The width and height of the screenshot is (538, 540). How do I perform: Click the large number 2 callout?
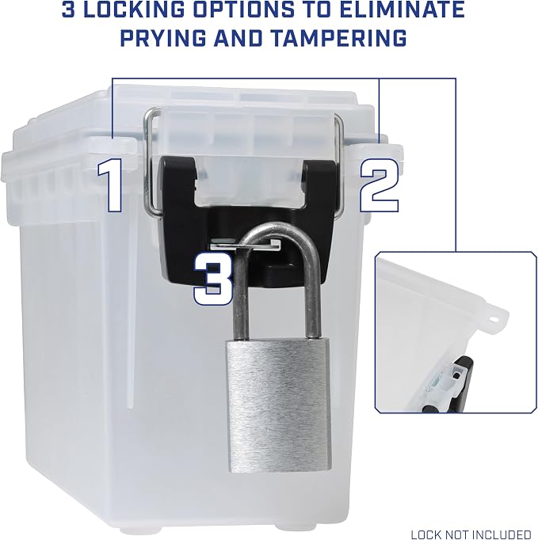380,186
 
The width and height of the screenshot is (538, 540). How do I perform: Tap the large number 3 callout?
213,279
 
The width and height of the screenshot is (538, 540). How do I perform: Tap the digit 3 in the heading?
69,10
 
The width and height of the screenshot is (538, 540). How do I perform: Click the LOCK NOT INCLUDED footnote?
471,534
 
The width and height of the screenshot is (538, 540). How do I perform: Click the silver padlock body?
278,405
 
